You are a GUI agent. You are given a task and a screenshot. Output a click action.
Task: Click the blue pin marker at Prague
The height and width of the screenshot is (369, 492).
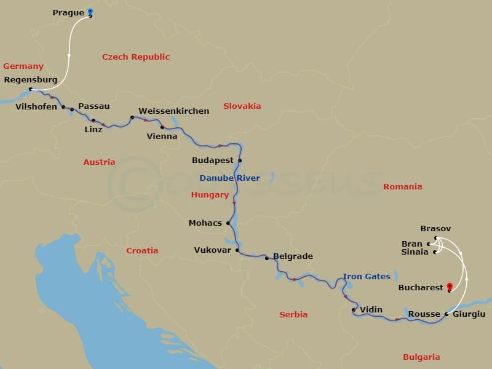(90, 12)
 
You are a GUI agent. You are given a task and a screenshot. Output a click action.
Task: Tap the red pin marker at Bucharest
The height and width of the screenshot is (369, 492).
(450, 287)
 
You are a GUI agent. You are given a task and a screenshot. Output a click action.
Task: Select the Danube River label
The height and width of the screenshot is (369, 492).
(229, 178)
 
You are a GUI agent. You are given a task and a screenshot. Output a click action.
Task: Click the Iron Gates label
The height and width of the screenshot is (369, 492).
(367, 277)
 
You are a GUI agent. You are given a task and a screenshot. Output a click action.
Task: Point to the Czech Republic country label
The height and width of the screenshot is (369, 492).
(135, 57)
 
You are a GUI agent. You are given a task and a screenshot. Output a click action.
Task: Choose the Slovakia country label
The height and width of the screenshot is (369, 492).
(242, 106)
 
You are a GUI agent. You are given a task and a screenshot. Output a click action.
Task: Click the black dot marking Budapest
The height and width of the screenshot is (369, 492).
(240, 161)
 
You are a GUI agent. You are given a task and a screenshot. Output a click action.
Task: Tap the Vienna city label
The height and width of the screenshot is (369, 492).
(162, 136)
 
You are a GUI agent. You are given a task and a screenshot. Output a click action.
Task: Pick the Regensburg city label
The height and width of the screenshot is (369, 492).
(31, 80)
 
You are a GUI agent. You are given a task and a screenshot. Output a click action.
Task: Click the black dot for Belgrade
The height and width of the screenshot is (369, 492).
(266, 258)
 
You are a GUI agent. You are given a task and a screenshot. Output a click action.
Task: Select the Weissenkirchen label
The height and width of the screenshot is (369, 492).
(173, 111)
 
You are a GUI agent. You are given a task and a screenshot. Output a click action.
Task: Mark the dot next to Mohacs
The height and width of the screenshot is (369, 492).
(228, 223)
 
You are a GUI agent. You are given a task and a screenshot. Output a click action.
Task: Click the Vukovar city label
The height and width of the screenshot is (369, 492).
(212, 250)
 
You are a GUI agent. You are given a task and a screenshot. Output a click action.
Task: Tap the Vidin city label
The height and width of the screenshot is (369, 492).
(371, 310)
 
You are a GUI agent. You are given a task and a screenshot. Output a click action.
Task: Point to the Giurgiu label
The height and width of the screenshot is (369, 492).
(469, 314)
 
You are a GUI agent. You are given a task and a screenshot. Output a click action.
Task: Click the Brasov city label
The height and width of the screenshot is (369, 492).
(435, 229)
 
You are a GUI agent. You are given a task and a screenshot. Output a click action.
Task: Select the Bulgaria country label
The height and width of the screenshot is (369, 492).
(421, 357)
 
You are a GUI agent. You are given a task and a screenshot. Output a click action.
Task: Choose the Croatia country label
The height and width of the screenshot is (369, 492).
(142, 250)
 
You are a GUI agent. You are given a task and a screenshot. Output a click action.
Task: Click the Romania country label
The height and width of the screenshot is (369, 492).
(402, 186)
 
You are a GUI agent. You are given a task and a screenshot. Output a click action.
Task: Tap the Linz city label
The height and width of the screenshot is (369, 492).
(93, 130)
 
